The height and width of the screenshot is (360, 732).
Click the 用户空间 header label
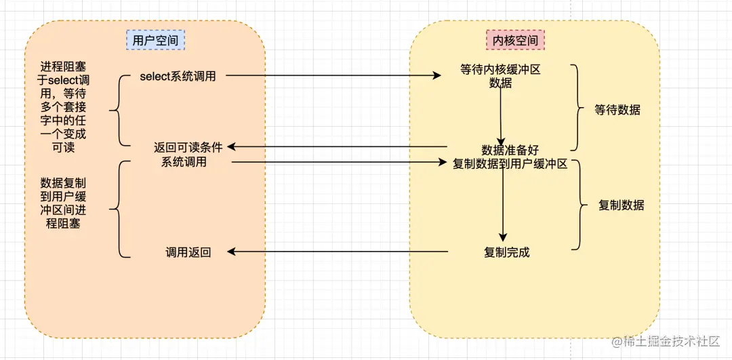click(155, 41)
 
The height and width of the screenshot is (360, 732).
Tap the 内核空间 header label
click(516, 41)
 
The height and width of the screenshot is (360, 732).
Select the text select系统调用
click(178, 77)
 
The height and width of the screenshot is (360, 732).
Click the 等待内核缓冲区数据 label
click(500, 77)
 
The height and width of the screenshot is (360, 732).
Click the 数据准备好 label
click(510, 151)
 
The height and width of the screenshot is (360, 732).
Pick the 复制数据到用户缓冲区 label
click(510, 164)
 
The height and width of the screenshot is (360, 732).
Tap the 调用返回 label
click(188, 252)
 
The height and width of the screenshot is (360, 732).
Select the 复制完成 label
click(506, 252)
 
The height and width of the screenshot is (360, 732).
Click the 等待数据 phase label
click(617, 109)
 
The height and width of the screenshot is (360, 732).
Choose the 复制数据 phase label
click(622, 205)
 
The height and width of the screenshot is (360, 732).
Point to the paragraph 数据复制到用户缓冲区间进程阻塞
click(63, 203)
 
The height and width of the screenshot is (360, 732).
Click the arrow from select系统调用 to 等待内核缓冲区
click(332, 76)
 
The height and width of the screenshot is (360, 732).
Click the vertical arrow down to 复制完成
click(502, 203)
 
